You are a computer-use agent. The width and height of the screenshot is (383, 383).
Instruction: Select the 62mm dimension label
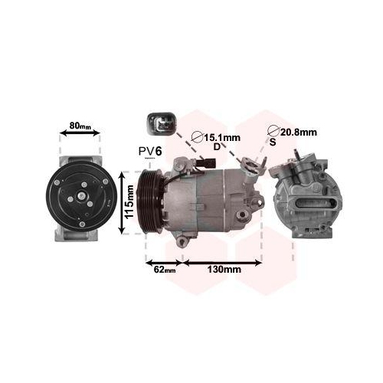click(x=165, y=270)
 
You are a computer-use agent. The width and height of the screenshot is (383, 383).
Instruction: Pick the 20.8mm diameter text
click(x=298, y=133)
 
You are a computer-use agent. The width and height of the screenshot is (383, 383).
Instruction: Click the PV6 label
click(x=149, y=152)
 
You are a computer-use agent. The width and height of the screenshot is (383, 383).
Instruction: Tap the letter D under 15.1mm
click(x=217, y=146)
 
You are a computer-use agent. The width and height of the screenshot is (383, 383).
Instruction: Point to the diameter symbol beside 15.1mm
click(x=196, y=137)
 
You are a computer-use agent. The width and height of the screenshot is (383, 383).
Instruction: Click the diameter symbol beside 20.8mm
click(x=273, y=131)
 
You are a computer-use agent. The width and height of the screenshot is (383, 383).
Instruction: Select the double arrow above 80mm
click(x=80, y=133)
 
